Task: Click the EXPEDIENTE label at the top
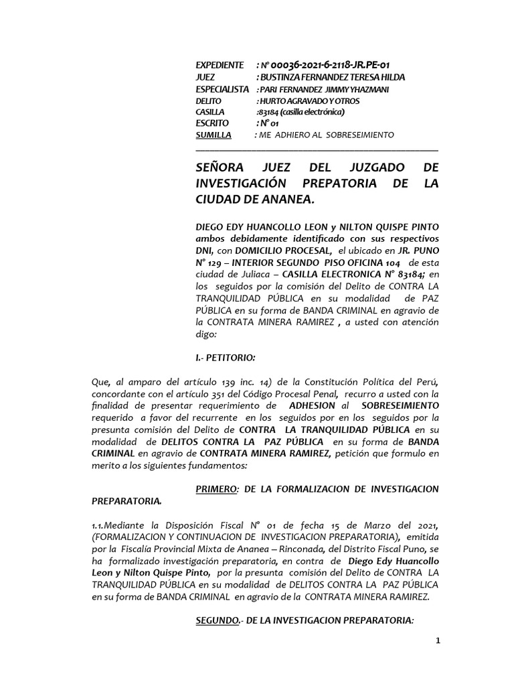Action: (220, 65)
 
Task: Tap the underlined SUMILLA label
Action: (213, 135)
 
